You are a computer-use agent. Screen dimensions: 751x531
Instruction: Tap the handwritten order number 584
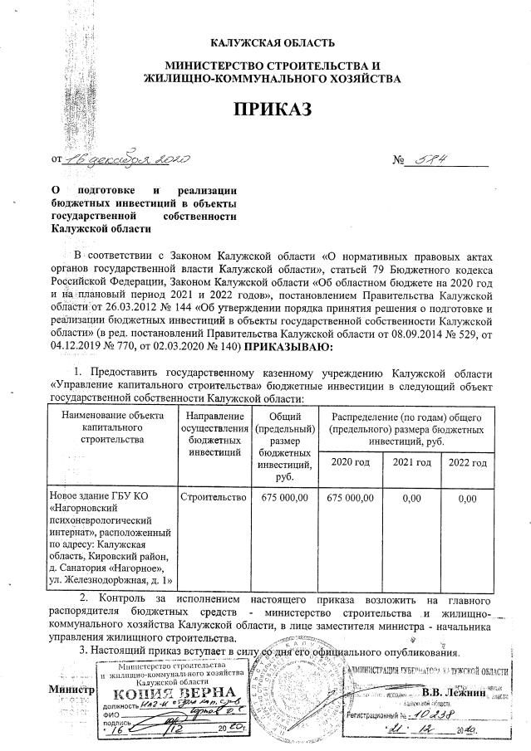pos(430,158)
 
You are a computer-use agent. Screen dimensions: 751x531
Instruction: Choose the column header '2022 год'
pos(467,461)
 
